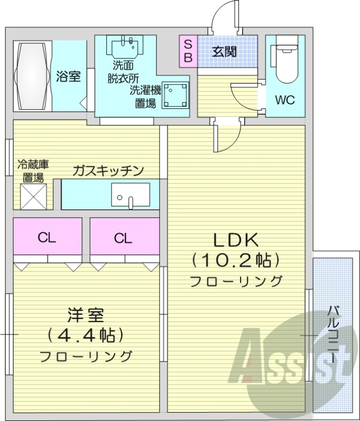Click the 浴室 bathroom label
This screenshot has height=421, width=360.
pyautogui.click(x=68, y=77)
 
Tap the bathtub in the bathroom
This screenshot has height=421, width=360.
pyautogui.click(x=32, y=76)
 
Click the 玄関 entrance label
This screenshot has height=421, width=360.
pyautogui.click(x=224, y=52)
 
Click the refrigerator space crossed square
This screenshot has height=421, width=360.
pyautogui.click(x=34, y=196)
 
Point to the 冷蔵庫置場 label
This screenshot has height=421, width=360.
pyautogui.click(x=33, y=171)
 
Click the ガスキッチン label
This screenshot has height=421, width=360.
pyautogui.click(x=108, y=171)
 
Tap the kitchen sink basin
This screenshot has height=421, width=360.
pyautogui.click(x=131, y=195)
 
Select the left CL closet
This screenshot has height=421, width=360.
pyautogui.click(x=47, y=238)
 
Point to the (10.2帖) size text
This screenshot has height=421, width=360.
pyautogui.click(x=235, y=259)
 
